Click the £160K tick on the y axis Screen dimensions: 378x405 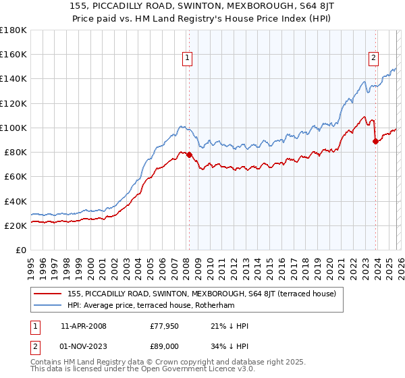point(13,54)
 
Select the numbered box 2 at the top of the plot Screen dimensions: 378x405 point(373,59)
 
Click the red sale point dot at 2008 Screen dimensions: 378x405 point(188,155)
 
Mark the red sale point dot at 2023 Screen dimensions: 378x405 point(375,141)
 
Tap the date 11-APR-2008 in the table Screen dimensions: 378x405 point(83,325)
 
